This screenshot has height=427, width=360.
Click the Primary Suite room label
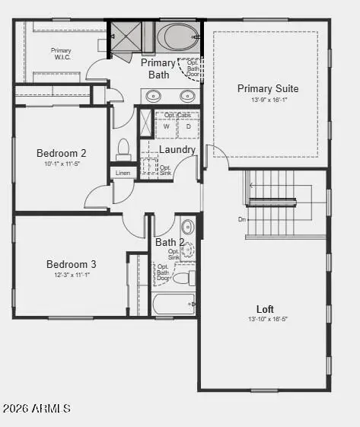coord(267,88)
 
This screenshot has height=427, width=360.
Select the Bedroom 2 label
coord(61,153)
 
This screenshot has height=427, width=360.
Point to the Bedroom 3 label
coord(71,264)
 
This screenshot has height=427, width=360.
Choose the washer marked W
coord(166,127)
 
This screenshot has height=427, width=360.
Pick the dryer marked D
coord(187,127)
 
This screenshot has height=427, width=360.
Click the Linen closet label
coord(123,174)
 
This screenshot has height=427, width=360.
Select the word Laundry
coord(177,150)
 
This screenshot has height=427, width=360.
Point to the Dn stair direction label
coord(242,219)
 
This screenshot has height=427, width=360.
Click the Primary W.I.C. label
coord(61,54)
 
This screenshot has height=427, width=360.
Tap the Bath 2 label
coord(170,243)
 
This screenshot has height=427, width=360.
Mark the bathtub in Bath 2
coord(174,304)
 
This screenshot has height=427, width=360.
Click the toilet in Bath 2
coord(183,278)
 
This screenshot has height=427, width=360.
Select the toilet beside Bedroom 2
coord(123,148)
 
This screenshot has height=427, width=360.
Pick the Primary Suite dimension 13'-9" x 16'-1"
coord(267,100)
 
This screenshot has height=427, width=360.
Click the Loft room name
coord(265,309)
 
